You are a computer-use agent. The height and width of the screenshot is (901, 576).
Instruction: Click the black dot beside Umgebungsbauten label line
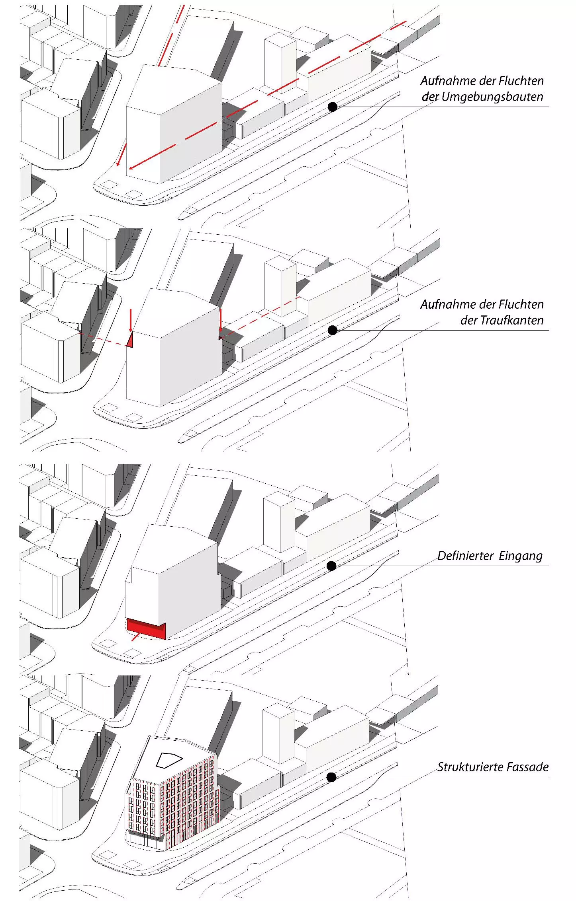pos(333,107)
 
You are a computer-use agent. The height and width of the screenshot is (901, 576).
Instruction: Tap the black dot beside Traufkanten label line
pos(333,330)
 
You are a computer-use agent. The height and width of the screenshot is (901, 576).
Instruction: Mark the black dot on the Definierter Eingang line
pos(331,566)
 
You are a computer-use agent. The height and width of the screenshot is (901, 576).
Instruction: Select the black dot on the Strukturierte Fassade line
pos(331,777)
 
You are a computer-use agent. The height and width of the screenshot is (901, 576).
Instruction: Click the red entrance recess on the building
pos(146,629)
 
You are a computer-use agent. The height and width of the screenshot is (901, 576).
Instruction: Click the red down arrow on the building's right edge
pos(220,320)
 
